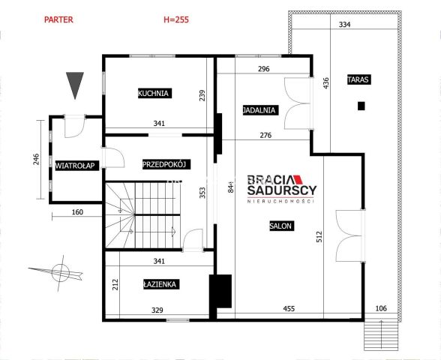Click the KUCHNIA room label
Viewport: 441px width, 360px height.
pos(154,93)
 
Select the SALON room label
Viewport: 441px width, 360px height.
pos(281,226)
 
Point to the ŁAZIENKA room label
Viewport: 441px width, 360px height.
pos(160,284)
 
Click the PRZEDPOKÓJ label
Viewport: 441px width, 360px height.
pos(166,164)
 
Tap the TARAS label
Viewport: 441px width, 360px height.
pos(358,79)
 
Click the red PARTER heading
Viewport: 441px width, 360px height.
pos(58,19)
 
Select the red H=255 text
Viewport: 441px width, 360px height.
pos(176,19)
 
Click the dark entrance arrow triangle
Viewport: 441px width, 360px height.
pos(75,84)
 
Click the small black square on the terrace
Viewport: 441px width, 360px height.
pos(361,106)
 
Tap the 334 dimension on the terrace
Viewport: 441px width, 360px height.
pos(344,25)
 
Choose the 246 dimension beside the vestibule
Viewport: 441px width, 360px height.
pos(36,159)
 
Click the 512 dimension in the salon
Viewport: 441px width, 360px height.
pos(319,237)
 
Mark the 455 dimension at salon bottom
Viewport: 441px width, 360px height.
pos(289,309)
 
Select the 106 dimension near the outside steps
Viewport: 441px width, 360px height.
pos(381,308)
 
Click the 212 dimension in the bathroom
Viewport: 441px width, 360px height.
pos(115,284)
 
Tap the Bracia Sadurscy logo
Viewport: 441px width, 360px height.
pos(281,188)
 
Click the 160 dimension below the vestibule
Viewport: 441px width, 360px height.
pos(77,212)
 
